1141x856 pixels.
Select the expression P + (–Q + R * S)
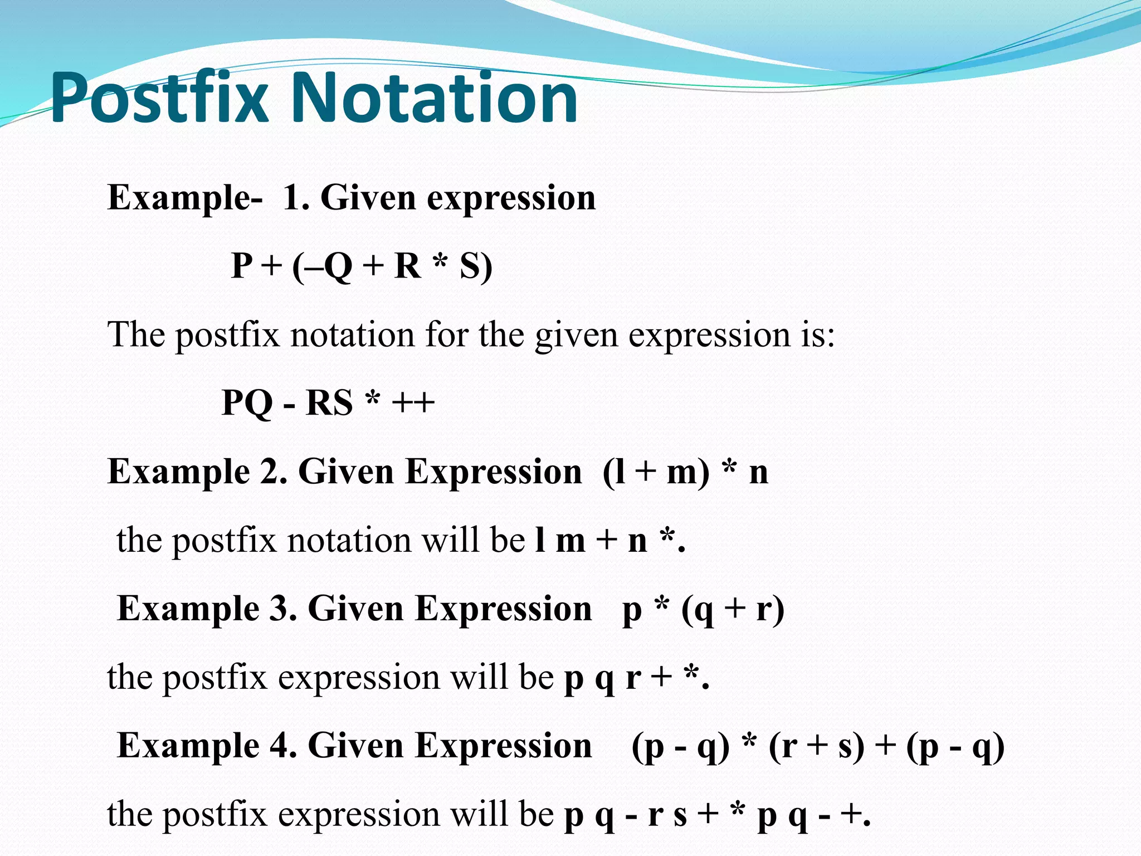pyautogui.click(x=362, y=266)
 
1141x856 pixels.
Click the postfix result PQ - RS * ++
pyautogui.click(x=328, y=402)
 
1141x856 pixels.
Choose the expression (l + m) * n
pyautogui.click(x=685, y=472)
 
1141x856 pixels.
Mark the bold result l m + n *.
pyautogui.click(x=609, y=540)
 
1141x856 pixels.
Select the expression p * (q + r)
pyautogui.click(x=703, y=609)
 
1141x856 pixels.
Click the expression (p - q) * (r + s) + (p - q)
pyautogui.click(x=817, y=746)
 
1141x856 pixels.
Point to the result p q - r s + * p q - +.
pyautogui.click(x=716, y=814)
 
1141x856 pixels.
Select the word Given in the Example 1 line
pyautogui.click(x=368, y=198)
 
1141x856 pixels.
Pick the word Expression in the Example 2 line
pyautogui.click(x=493, y=472)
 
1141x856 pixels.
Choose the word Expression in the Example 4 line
pyautogui.click(x=505, y=746)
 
